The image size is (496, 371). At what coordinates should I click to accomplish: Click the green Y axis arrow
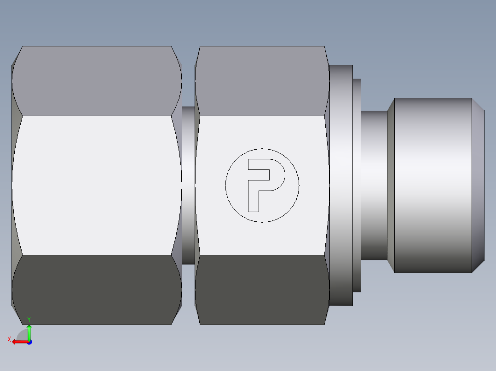tap(29, 332)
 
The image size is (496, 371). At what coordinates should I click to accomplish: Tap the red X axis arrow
tap(18, 342)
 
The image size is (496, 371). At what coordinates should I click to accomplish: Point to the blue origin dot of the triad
tap(29, 342)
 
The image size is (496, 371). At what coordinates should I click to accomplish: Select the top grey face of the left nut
tap(97, 80)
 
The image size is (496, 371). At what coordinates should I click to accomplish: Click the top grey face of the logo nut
tap(261, 80)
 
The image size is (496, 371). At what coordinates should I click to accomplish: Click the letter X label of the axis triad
tap(9, 340)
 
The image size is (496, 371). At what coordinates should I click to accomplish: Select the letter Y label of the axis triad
tap(29, 319)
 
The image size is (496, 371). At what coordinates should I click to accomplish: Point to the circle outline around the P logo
tap(262, 149)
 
